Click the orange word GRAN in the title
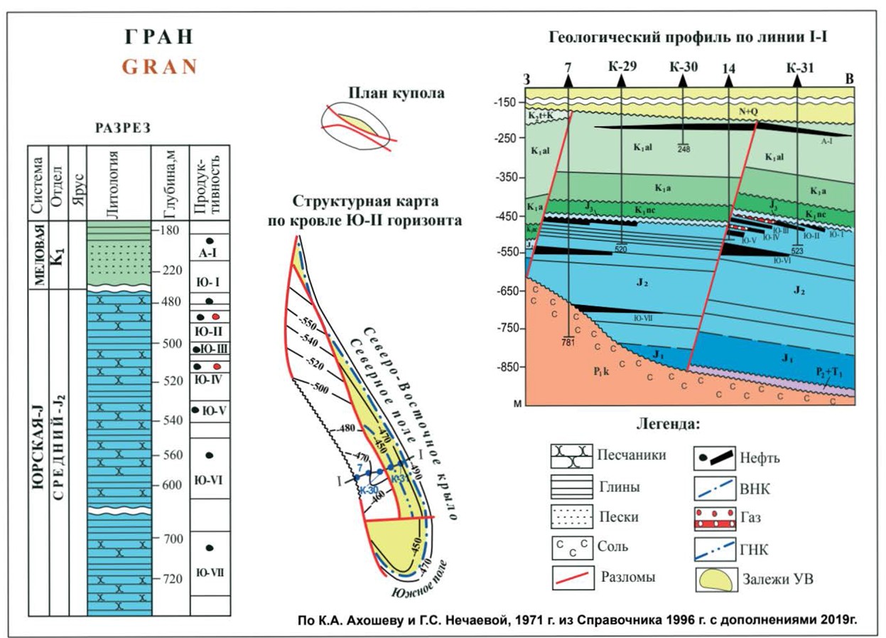tap(159, 67)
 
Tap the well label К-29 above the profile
tap(622, 68)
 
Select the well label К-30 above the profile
tap(684, 68)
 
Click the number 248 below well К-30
tap(684, 149)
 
